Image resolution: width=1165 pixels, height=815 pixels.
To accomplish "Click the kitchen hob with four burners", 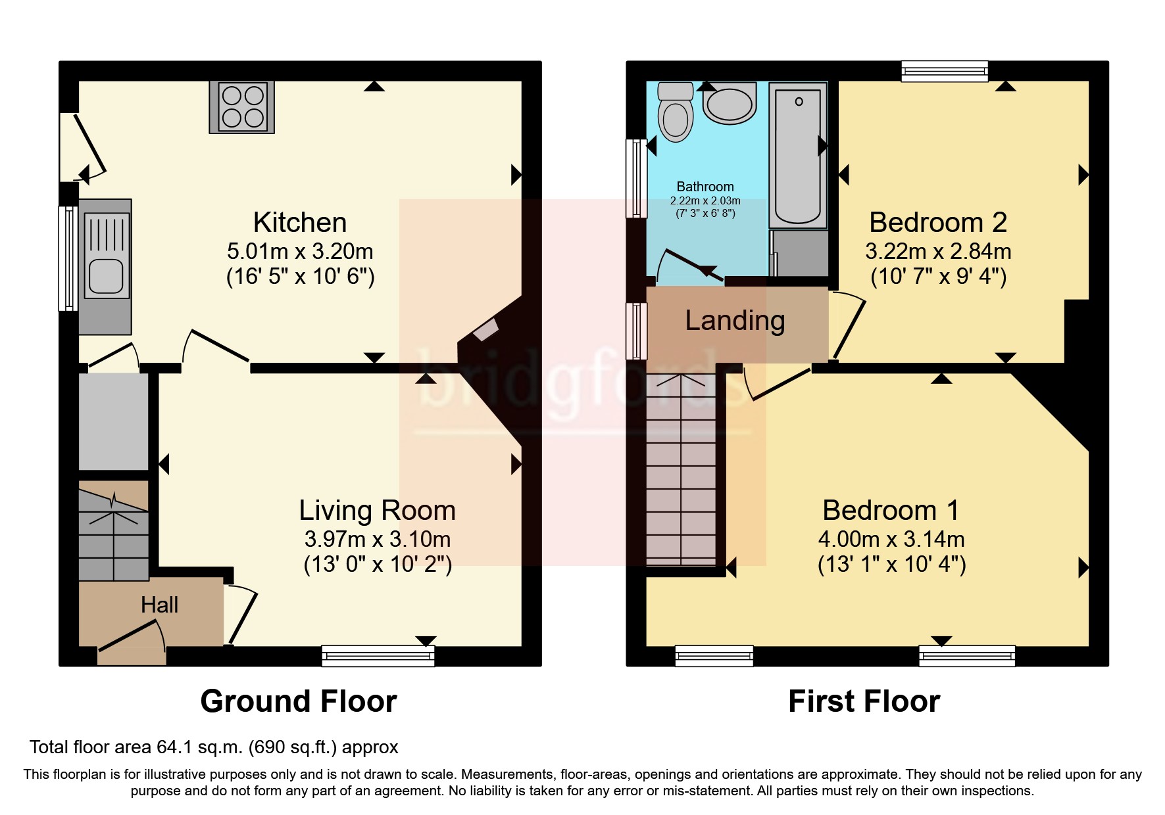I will click(241, 107).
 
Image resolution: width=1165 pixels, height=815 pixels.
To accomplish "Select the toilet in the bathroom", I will click(676, 113).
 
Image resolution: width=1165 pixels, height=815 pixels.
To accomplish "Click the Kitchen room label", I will click(300, 223).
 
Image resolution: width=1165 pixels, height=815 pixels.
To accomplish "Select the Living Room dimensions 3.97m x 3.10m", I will click(377, 540).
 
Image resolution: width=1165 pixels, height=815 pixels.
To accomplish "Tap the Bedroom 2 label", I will click(937, 223).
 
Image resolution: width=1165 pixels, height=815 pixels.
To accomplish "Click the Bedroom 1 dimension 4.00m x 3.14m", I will click(891, 540).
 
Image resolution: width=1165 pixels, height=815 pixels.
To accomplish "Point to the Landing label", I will click(735, 321).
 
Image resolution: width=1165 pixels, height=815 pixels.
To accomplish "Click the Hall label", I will click(159, 605).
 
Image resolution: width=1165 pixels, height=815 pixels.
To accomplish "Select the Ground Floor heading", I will click(298, 701).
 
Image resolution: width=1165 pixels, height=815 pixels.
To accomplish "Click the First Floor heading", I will click(864, 701).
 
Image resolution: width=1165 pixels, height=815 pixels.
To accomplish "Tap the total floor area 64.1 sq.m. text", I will click(214, 747).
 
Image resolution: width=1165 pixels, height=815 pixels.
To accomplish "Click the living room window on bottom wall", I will click(378, 655).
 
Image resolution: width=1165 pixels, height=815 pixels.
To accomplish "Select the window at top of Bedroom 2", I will click(944, 70).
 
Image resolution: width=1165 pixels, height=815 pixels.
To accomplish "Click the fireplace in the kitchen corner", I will click(487, 329).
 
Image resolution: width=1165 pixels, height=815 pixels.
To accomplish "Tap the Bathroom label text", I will click(705, 187).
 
